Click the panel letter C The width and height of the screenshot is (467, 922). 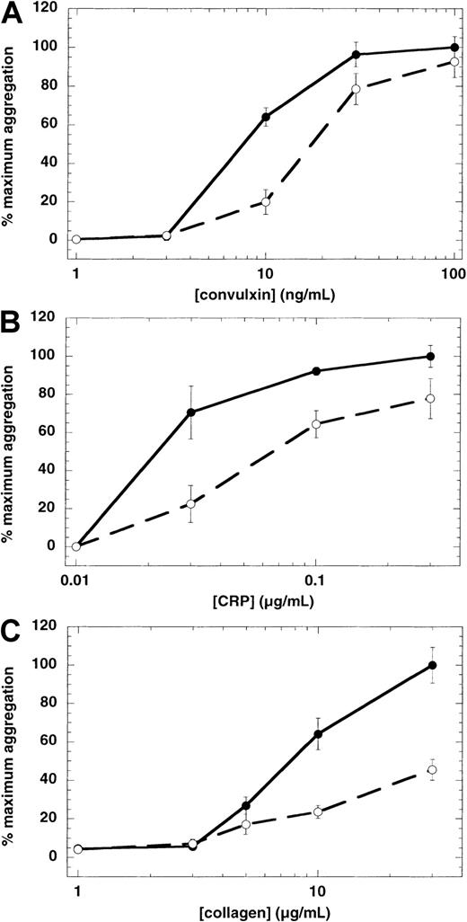point(13,626)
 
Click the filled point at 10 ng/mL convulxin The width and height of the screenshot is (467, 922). point(266,117)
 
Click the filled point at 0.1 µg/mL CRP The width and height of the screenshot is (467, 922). point(316,371)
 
